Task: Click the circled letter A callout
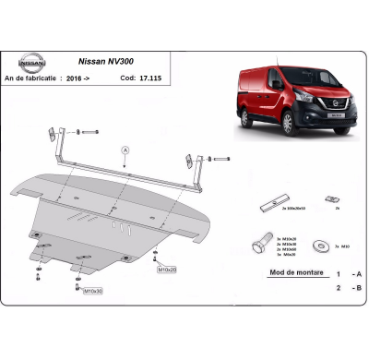(x=125, y=150)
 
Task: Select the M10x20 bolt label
(x=167, y=270)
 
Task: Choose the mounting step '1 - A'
(x=348, y=275)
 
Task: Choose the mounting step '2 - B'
(x=348, y=289)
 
